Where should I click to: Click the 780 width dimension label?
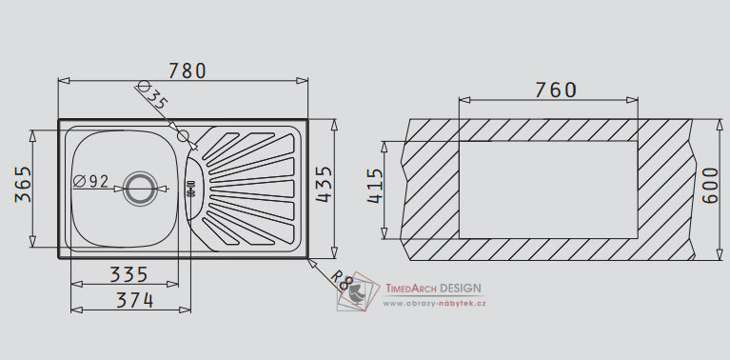(x=187, y=70)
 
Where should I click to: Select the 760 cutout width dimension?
(x=556, y=90)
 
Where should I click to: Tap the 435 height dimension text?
(x=324, y=185)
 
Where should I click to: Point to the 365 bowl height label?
(x=23, y=185)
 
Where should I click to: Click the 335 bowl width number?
(x=128, y=275)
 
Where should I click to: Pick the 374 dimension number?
(x=134, y=300)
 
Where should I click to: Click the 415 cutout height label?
(x=375, y=186)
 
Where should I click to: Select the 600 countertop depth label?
(x=710, y=186)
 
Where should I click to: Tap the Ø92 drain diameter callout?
(x=90, y=181)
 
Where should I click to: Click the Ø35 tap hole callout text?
(x=152, y=95)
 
